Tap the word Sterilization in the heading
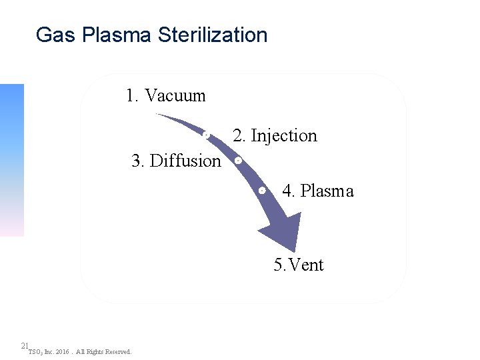[x=213, y=35]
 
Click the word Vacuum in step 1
[x=175, y=95]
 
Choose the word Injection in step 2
[x=283, y=136]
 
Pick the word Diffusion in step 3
[x=185, y=161]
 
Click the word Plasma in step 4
[x=327, y=191]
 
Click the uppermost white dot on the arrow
[x=207, y=135]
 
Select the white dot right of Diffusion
[x=238, y=161]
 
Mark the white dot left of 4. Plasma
[x=262, y=191]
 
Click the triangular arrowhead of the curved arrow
[x=283, y=233]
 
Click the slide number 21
[x=24, y=345]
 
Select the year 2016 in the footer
[x=63, y=351]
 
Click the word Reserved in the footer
[x=119, y=351]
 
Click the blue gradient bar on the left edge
[x=11, y=160]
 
